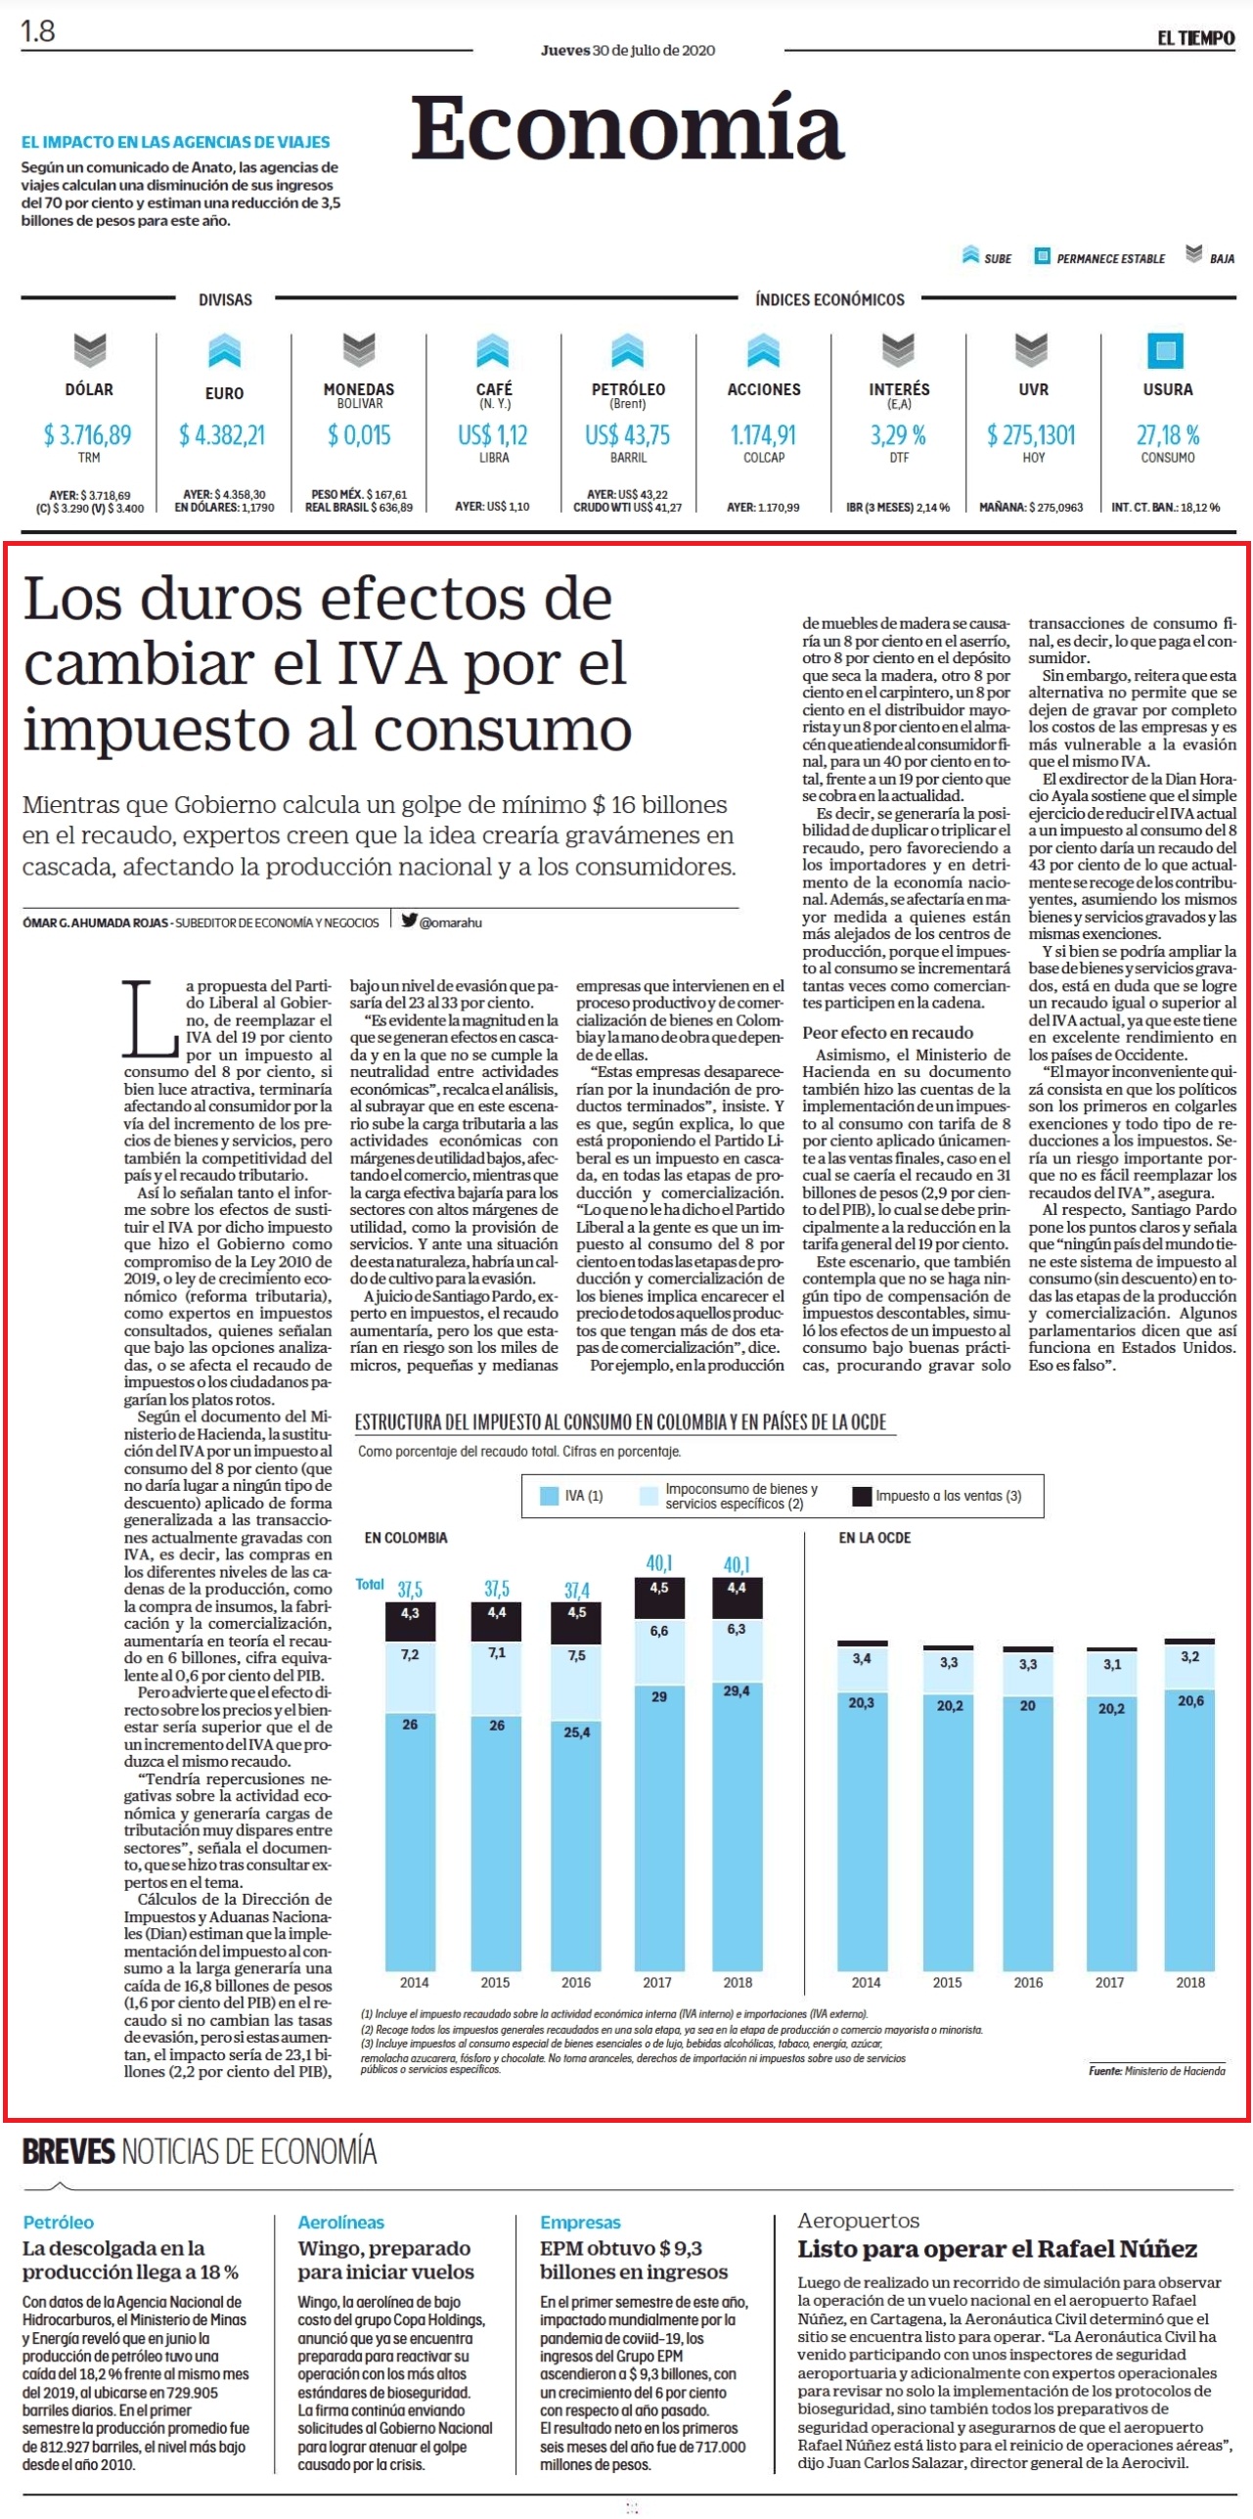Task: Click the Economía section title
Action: (627, 127)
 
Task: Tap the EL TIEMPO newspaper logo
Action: (1195, 38)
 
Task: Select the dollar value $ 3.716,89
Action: (88, 434)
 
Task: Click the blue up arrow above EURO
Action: (224, 350)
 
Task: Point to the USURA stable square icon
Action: (1165, 350)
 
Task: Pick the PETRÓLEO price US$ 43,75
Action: (627, 434)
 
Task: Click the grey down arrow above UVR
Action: (1032, 350)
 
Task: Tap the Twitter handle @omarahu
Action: (442, 922)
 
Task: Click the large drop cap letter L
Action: (150, 1017)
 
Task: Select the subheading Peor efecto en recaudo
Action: (888, 1032)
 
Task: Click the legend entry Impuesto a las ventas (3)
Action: (938, 1496)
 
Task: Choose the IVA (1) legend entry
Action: (572, 1496)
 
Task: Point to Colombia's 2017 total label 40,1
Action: (659, 1563)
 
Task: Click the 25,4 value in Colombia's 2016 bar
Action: (577, 1732)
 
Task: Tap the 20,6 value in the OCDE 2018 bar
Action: (1190, 1700)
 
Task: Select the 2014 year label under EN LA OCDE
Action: (866, 1982)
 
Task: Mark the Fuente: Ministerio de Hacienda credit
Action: (1156, 2071)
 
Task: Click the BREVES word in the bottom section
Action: (68, 2151)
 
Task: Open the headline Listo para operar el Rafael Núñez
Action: (998, 2248)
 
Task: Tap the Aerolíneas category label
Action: (341, 2222)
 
